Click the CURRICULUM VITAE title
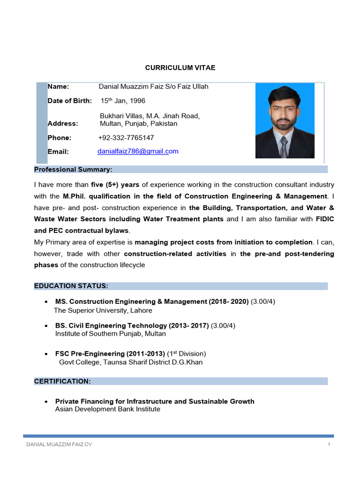[x=180, y=67]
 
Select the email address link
[x=138, y=151]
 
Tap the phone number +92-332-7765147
[x=126, y=138]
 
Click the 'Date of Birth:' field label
[x=69, y=101]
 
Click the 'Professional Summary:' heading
[x=73, y=169]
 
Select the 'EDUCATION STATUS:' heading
[x=71, y=286]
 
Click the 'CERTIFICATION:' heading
[x=62, y=382]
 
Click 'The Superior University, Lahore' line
[x=103, y=310]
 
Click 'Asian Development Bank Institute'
[x=108, y=409]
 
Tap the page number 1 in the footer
[x=330, y=444]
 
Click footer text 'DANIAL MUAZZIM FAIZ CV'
[x=59, y=444]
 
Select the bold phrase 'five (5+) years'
[x=115, y=185]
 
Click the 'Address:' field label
[x=63, y=124]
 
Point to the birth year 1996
[x=137, y=101]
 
